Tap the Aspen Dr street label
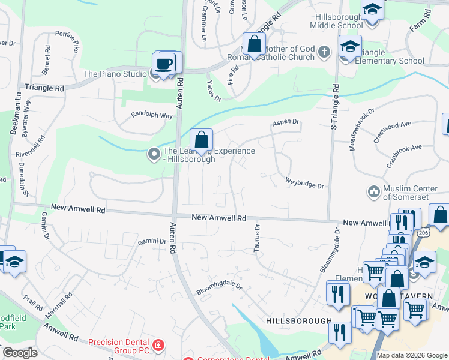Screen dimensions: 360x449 [x=286, y=122]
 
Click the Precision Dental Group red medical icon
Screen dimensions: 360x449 [x=158, y=345]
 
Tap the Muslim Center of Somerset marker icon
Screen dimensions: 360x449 [x=373, y=192]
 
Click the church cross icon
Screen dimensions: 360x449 [x=324, y=52]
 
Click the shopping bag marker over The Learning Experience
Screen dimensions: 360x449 [x=202, y=140]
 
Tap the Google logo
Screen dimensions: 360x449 [x=20, y=353]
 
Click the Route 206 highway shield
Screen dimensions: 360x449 [x=424, y=232]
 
